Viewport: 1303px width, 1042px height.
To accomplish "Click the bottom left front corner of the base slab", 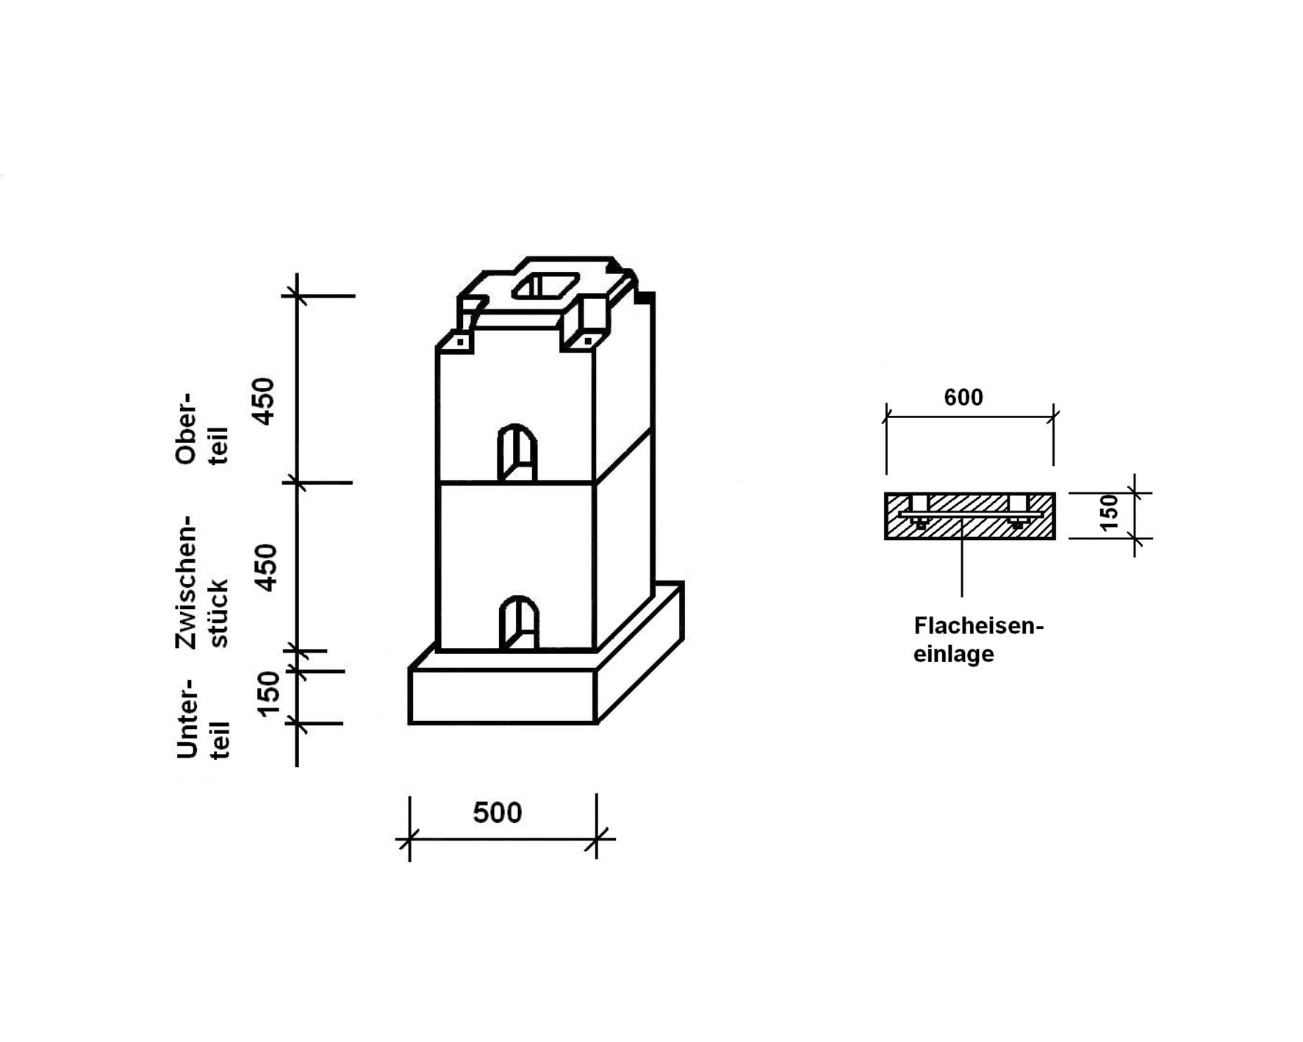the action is pos(410,724).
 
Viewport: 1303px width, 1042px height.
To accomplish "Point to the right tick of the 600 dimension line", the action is pos(1054,417).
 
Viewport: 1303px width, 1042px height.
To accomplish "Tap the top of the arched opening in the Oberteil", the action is pos(517,425).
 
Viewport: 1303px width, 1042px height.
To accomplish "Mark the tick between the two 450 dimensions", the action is pos(297,483).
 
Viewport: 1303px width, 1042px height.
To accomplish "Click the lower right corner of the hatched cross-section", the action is pos(1055,539).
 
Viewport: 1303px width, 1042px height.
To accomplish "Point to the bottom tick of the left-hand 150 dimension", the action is pos(297,723).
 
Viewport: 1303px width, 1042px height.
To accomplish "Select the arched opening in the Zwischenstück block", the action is pos(518,623).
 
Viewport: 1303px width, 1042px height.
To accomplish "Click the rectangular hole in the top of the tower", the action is pos(545,285).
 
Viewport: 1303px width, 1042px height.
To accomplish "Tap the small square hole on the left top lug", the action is pos(461,342).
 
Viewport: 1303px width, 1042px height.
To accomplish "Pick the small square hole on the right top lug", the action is pos(588,341).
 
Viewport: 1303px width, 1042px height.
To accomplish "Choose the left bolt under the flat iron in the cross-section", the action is pos(919,522).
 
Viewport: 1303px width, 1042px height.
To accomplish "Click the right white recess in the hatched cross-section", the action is pos(1018,503).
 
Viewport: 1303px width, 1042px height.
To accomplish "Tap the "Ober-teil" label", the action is pos(202,428).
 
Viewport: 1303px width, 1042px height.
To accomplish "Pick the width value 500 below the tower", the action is pos(498,813).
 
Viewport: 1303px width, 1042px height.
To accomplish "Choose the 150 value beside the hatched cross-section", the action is pos(1110,511).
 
